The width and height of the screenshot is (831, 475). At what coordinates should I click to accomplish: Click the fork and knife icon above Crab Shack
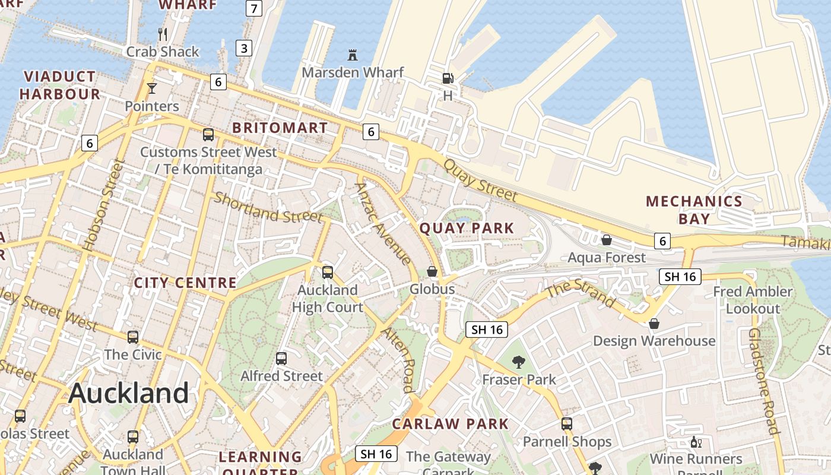(163, 34)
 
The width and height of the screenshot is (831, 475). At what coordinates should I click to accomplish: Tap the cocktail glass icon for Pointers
(152, 88)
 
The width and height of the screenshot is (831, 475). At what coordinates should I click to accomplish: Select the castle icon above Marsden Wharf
(353, 55)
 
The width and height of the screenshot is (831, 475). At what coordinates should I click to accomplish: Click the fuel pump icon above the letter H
(448, 78)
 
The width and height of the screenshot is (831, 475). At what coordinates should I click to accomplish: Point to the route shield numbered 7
(253, 8)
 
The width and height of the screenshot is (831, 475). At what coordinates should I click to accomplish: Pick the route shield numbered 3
(244, 48)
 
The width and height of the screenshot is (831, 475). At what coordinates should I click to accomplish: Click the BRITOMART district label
(280, 128)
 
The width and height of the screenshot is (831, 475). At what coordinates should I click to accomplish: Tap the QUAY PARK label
(467, 228)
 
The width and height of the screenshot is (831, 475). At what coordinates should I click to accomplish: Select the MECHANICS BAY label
(694, 210)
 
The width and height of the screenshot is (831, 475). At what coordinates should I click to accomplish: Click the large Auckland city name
(129, 393)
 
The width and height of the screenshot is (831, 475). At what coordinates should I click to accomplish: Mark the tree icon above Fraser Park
(519, 362)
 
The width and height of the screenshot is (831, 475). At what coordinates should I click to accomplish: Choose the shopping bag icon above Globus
(432, 271)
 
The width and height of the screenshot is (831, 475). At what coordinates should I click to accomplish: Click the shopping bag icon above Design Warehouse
(654, 324)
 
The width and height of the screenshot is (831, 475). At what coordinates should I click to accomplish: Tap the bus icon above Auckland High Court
(327, 273)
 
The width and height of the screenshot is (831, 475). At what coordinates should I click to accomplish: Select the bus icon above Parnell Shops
(567, 424)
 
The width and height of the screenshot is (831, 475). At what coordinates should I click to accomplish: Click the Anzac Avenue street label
(382, 223)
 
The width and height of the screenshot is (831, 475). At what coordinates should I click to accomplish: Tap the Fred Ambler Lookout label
(753, 300)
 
